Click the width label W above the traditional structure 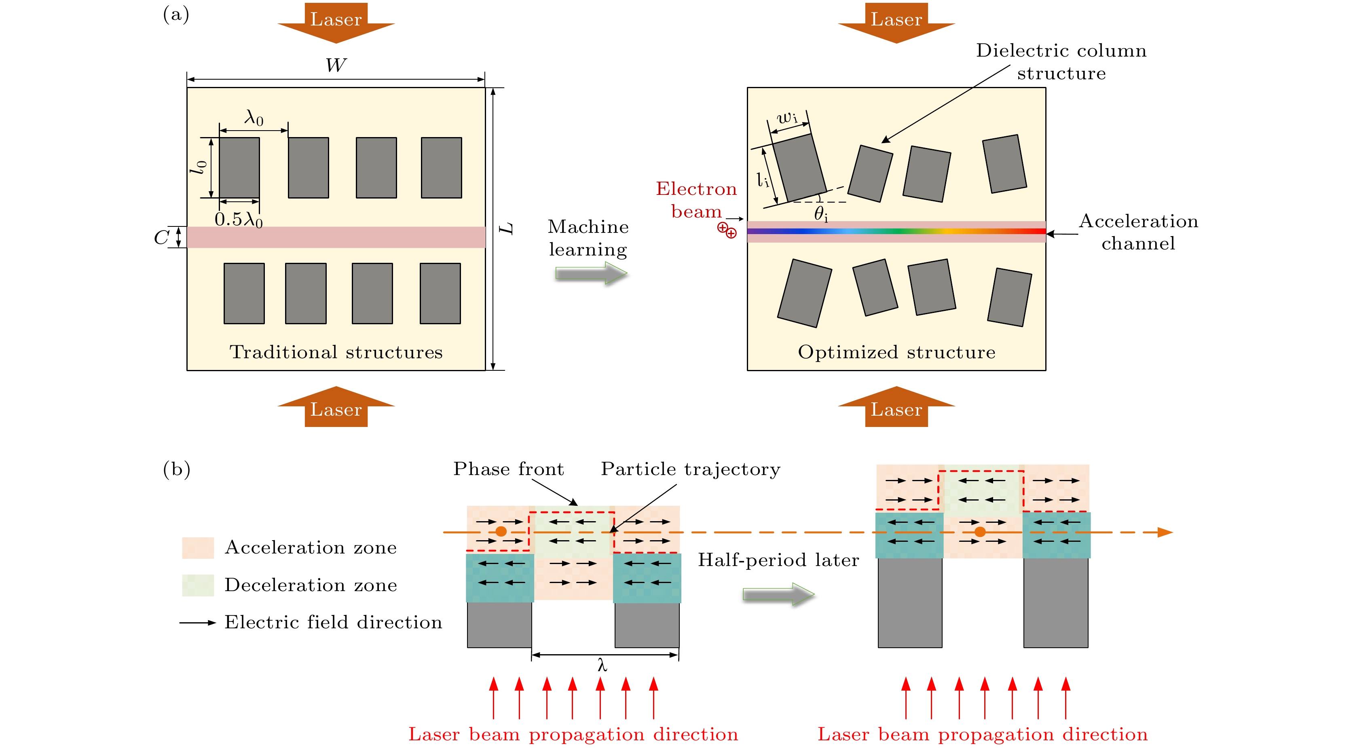click(336, 66)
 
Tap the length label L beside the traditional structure click(506, 228)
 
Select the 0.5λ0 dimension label click(239, 219)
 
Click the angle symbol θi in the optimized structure click(820, 214)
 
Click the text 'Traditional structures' click(336, 352)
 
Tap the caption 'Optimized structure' click(896, 352)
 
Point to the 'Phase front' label click(508, 469)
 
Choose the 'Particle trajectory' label click(690, 469)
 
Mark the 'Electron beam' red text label click(696, 200)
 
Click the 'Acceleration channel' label click(1138, 232)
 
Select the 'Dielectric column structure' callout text click(1061, 61)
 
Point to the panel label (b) click(176, 469)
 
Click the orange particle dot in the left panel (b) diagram click(501, 532)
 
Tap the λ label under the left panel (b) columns click(603, 666)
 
